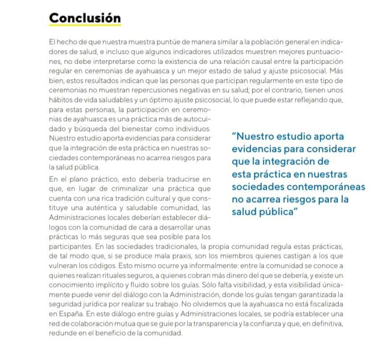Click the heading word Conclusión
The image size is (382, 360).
coord(85,18)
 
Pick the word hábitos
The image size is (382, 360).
coord(60,99)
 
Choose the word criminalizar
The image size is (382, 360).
coord(117,189)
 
